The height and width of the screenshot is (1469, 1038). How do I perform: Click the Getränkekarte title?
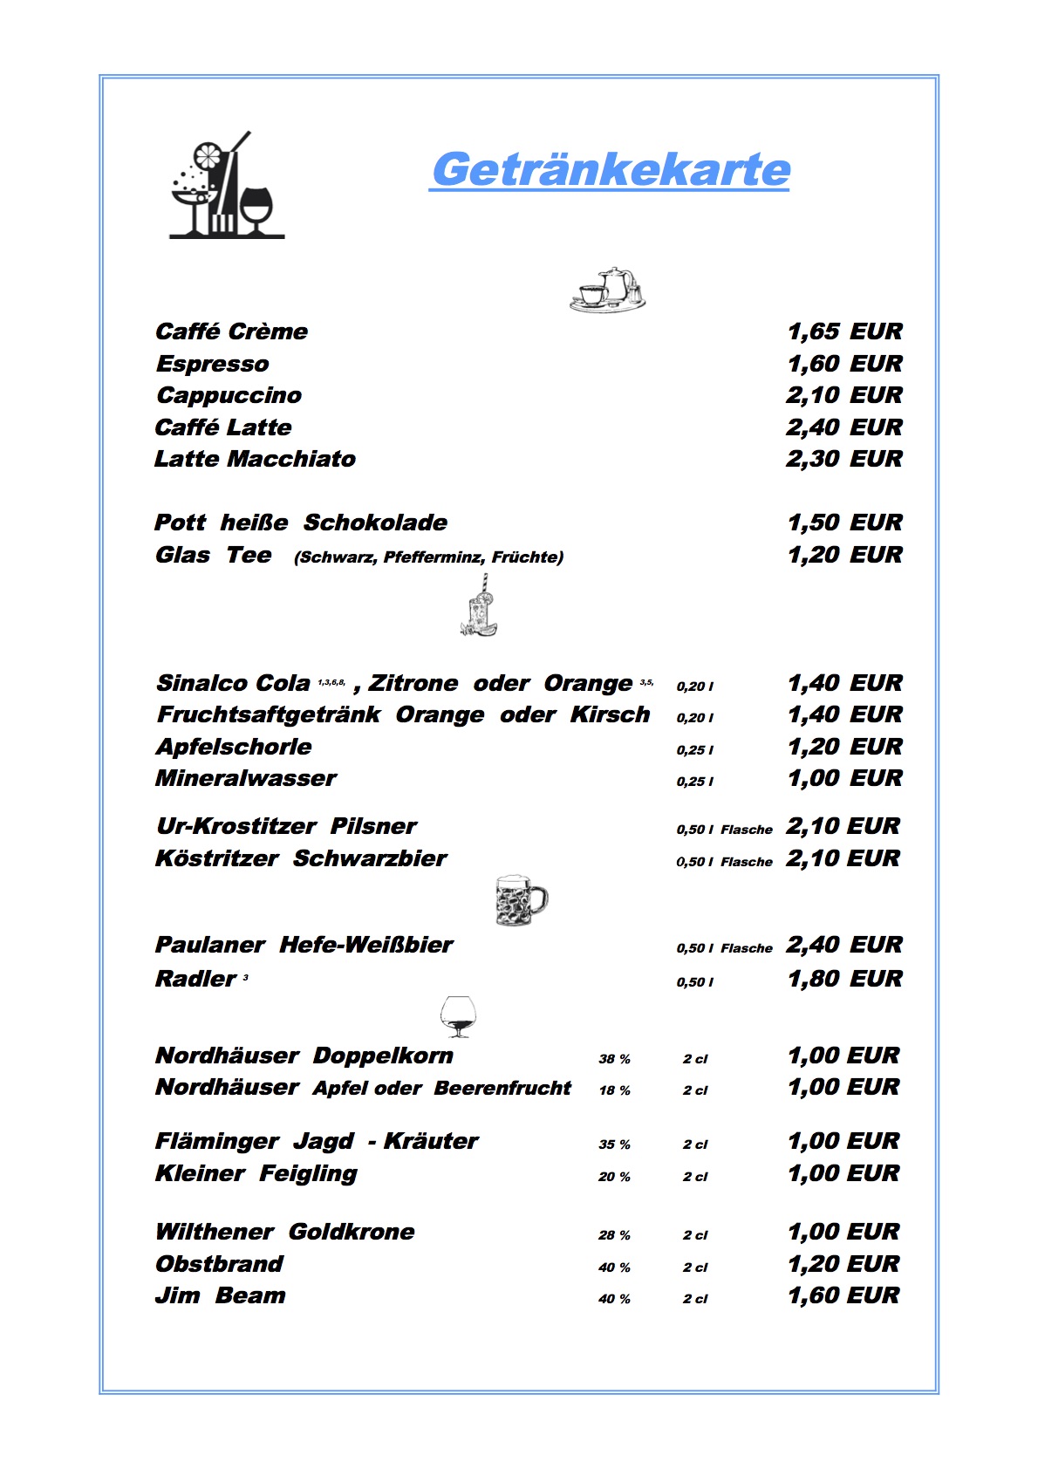click(610, 169)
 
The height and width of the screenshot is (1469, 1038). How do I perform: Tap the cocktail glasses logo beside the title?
click(226, 186)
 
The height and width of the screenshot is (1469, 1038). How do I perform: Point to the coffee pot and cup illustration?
click(608, 290)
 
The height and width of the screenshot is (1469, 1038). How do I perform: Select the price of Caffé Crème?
click(843, 331)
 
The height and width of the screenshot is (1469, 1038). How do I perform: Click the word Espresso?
click(212, 364)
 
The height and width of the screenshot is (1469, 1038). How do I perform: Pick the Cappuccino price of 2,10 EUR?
click(843, 395)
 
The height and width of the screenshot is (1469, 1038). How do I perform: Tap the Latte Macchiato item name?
click(255, 459)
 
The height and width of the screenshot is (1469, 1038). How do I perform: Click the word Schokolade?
click(375, 523)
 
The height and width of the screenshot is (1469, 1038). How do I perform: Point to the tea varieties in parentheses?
click(428, 557)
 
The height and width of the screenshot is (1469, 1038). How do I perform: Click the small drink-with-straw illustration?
click(478, 606)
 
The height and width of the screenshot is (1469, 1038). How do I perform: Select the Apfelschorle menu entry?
click(234, 747)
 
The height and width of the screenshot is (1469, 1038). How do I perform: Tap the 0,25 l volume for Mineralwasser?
click(694, 782)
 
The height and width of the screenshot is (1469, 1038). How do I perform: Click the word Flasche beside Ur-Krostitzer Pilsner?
click(747, 830)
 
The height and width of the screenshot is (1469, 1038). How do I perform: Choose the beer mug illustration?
click(520, 899)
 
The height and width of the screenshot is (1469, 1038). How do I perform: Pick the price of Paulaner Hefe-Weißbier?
click(843, 945)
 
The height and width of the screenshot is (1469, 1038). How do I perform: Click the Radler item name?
click(195, 979)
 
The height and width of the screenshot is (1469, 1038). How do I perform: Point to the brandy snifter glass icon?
click(458, 1016)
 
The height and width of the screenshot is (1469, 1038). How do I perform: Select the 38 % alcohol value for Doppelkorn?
click(614, 1059)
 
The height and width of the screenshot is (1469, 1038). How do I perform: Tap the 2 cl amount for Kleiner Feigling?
click(695, 1177)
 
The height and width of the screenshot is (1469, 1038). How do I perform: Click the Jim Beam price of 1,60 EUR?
click(843, 1295)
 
